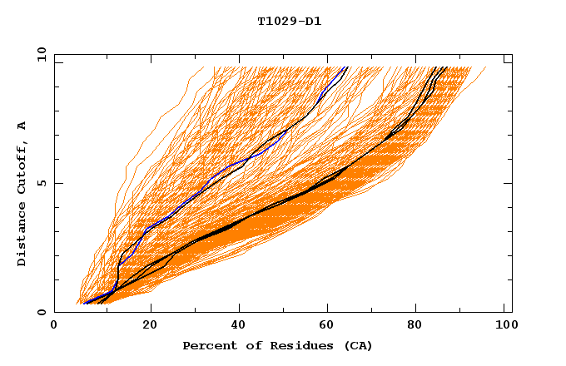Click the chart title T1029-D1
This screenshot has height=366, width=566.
click(x=290, y=21)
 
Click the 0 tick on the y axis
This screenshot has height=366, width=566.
click(x=41, y=312)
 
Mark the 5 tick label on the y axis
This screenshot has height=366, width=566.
click(x=41, y=183)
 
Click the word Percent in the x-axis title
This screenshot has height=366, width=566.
click(x=207, y=345)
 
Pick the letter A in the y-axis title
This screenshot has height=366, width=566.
click(x=22, y=125)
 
